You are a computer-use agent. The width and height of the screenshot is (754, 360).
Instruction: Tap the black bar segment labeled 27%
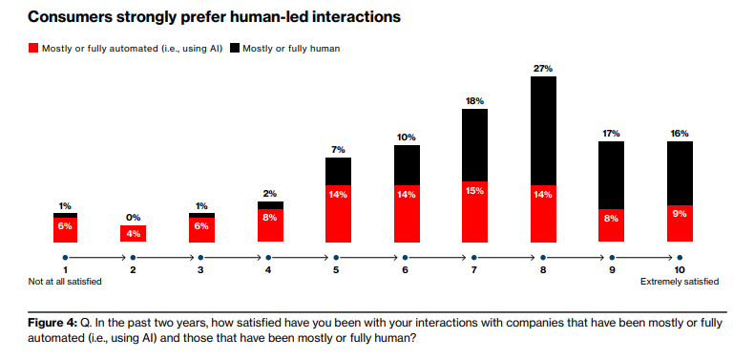tap(543, 130)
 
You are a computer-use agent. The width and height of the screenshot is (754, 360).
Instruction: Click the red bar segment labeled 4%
tap(134, 234)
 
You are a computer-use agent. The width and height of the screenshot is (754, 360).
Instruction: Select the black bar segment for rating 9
tap(611, 175)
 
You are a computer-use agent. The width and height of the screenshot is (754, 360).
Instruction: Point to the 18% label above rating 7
tap(475, 100)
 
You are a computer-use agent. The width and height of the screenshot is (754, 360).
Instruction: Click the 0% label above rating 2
tap(134, 217)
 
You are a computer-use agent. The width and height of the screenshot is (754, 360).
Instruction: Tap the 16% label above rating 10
tap(679, 133)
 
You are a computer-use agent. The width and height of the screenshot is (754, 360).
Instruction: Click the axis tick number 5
tap(338, 270)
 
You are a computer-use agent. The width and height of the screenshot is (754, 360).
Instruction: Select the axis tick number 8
tap(542, 270)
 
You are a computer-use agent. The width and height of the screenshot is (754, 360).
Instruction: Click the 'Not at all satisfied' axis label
tap(65, 282)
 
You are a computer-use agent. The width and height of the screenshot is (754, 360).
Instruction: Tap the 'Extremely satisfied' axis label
tap(679, 282)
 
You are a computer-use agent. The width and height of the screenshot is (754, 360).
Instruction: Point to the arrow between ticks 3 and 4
tap(235, 257)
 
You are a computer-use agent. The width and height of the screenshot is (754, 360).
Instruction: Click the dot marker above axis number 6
tap(407, 257)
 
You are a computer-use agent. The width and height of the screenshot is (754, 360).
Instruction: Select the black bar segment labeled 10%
tap(407, 164)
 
